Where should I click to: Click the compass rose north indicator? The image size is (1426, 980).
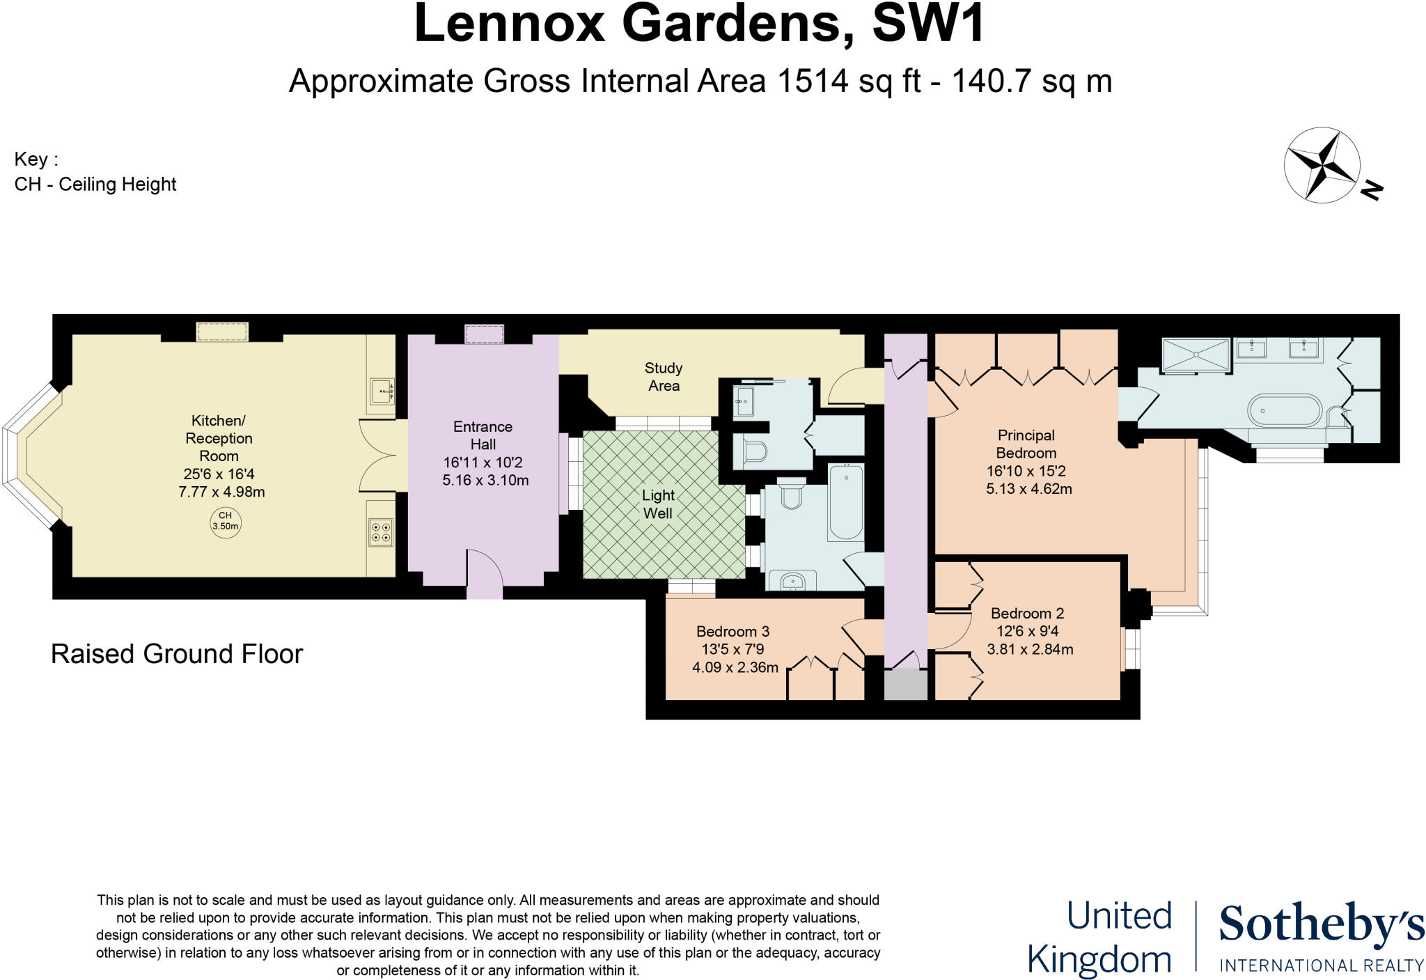(1371, 190)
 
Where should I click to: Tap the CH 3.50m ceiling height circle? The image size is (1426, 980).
(225, 522)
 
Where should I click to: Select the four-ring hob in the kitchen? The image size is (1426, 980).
(381, 532)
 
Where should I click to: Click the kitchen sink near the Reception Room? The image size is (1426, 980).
(382, 391)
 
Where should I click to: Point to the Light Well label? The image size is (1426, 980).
(658, 504)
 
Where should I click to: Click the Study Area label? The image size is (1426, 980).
(663, 377)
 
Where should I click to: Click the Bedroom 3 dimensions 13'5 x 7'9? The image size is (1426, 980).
(732, 650)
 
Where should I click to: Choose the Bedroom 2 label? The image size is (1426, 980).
(1027, 614)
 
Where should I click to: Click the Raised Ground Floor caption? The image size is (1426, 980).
(177, 654)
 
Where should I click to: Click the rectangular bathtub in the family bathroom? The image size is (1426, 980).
(845, 503)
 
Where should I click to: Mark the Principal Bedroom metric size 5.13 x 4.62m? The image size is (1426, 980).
(1028, 489)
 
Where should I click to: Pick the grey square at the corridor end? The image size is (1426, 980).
(906, 685)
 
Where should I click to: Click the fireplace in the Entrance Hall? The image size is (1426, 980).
(484, 335)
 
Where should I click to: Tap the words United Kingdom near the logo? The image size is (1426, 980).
(1100, 938)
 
